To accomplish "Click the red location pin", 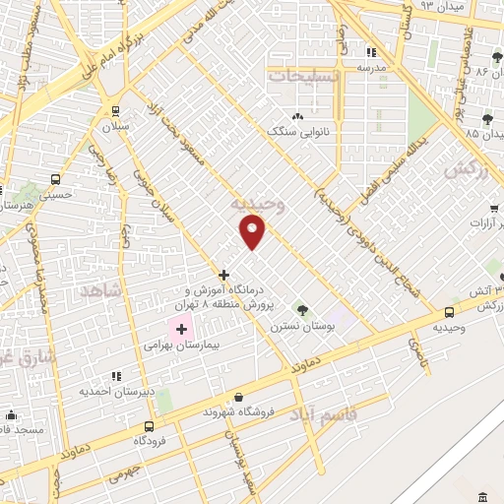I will [253, 230].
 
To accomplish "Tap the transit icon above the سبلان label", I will [116, 111].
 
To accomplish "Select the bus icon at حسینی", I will [55, 180].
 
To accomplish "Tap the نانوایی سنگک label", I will [296, 132].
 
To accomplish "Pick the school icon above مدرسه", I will [371, 52].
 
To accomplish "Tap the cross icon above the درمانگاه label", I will [224, 275].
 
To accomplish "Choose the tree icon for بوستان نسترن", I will [302, 311].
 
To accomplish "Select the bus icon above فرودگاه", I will [149, 426].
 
